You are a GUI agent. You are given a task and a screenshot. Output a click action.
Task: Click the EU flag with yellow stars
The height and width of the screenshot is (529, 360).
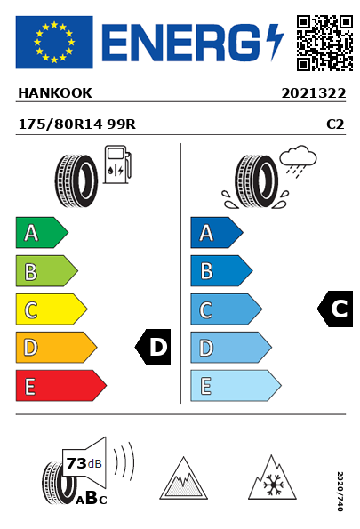(x=54, y=42)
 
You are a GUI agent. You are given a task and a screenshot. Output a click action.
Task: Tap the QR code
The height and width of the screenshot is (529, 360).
(x=324, y=43)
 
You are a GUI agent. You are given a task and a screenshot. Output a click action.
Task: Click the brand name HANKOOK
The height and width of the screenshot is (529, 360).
(x=54, y=93)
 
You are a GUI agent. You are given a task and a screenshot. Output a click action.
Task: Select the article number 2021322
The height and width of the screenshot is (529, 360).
(x=314, y=93)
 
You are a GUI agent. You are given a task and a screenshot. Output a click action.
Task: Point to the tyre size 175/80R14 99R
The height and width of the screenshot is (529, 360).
(x=77, y=124)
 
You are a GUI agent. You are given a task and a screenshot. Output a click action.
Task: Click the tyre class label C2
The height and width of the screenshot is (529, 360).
(x=335, y=124)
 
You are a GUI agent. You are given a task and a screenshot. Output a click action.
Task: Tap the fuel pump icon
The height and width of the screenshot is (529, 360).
(x=117, y=164)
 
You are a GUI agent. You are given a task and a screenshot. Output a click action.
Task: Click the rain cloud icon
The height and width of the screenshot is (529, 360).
(x=298, y=161)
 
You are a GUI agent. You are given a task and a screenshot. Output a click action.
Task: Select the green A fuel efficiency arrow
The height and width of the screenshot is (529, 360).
(x=42, y=232)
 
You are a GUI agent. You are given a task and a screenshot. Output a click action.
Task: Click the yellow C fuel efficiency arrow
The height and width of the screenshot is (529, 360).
(x=52, y=309)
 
